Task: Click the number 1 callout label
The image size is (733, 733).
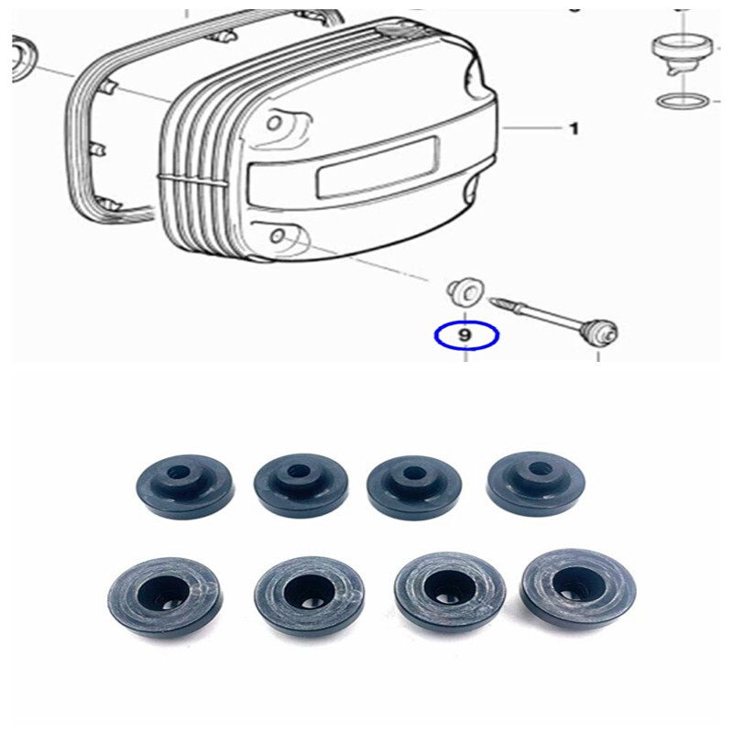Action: pyautogui.click(x=574, y=129)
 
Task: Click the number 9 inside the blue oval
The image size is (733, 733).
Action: pyautogui.click(x=465, y=336)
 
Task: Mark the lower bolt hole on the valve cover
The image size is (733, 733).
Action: pyautogui.click(x=277, y=236)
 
